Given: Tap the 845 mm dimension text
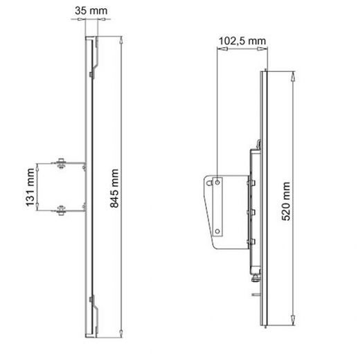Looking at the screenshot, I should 114,188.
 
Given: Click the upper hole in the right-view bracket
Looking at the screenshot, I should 218,182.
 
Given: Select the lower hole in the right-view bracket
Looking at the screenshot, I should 218,228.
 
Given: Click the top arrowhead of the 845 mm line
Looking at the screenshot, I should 122,40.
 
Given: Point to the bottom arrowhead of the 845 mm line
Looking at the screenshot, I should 122,338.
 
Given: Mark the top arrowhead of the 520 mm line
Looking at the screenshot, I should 296,72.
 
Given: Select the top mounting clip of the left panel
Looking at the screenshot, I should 91,59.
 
